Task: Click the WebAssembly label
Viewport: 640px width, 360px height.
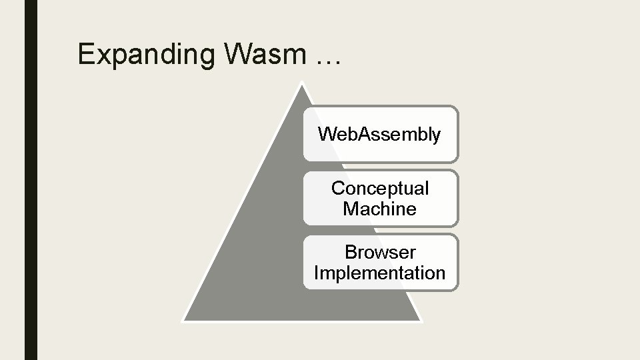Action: click(x=379, y=135)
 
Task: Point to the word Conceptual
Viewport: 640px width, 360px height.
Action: click(x=380, y=189)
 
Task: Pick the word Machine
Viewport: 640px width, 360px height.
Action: click(x=379, y=209)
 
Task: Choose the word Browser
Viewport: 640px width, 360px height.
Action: click(x=380, y=253)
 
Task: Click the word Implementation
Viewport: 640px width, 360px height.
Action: click(x=379, y=273)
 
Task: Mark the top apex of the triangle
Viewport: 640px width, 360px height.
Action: click(x=302, y=83)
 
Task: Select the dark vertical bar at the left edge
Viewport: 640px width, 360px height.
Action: click(x=31, y=180)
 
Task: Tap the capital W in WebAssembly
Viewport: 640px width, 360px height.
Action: click(x=326, y=135)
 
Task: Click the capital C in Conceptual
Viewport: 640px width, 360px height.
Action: click(x=338, y=189)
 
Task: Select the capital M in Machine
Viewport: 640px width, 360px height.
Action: click(x=351, y=209)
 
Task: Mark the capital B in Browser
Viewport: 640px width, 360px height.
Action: click(x=351, y=253)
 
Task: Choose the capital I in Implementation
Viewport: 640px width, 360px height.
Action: click(x=316, y=273)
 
